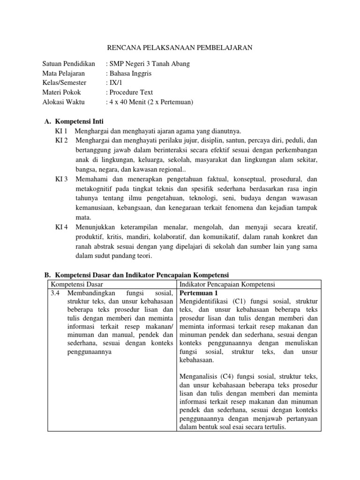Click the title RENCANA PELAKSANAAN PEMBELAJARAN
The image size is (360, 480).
point(180,47)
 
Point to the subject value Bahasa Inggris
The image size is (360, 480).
point(131,74)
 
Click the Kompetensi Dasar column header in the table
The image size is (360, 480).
point(77,285)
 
